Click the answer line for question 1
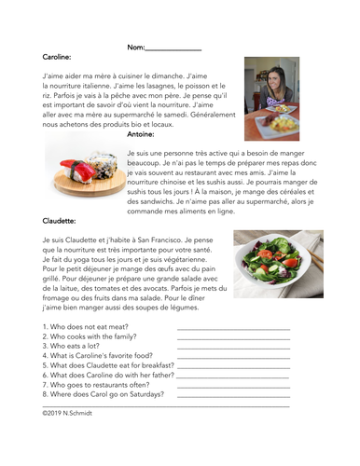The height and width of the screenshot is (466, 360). click(232, 330)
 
